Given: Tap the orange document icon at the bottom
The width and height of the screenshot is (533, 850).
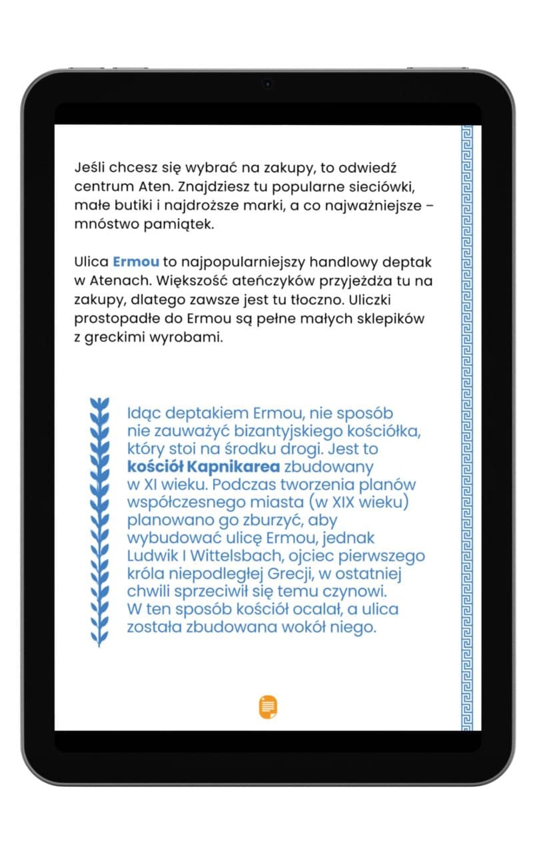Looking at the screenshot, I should tap(268, 706).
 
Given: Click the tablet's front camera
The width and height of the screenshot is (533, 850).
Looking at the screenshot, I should tap(267, 84).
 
